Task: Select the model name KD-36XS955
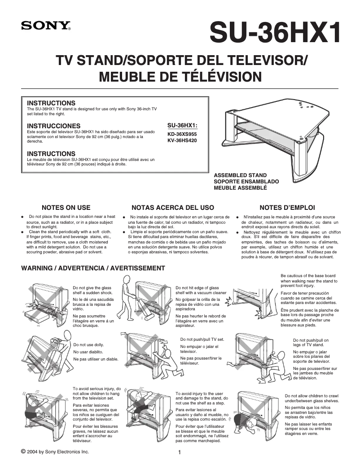pos(182,134)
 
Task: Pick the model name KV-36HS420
pos(182,140)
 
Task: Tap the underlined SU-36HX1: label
pos(182,125)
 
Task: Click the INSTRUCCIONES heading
pos(54,126)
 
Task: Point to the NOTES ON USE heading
pos(66,208)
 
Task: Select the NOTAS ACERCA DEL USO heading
pos(172,208)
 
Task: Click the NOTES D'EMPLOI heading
pos(287,208)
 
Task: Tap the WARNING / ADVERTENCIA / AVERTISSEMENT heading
pos(93,268)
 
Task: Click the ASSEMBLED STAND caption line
pos(240,175)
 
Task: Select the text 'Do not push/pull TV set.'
pos(202,339)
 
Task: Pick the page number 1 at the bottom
pos(180,452)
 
